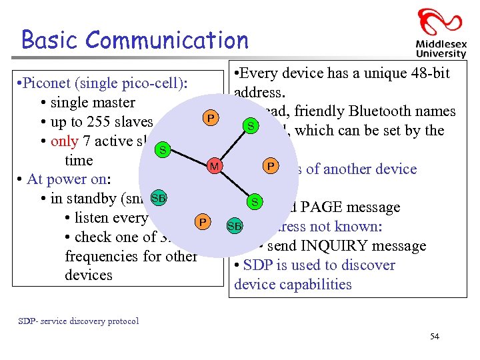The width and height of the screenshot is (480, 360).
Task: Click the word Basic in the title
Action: coord(49,40)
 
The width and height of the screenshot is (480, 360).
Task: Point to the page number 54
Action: coord(434,336)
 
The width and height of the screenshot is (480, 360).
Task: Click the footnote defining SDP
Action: coord(78,321)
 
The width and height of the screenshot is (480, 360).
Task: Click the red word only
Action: coord(64,141)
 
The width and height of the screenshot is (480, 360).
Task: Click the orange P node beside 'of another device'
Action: coord(271,165)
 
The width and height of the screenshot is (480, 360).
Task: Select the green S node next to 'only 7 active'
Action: coord(161,149)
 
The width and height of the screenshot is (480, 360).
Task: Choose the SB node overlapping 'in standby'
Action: coord(159,198)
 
